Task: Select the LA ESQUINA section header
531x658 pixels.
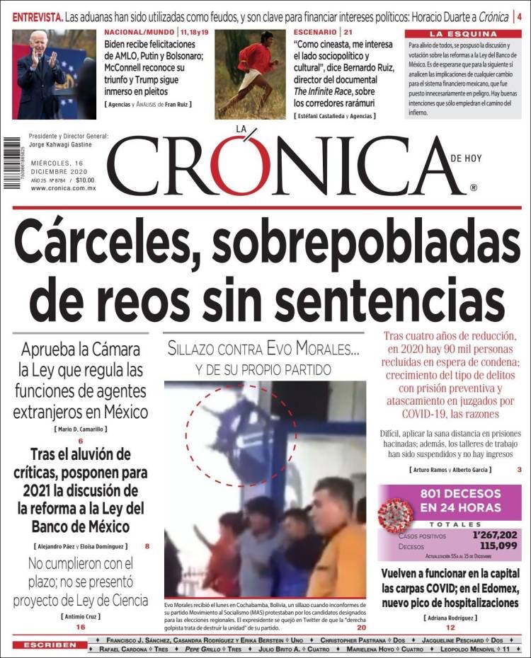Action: [x=463, y=33]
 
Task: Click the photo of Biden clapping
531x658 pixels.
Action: [x=54, y=74]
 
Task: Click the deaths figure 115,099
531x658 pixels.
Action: [x=498, y=546]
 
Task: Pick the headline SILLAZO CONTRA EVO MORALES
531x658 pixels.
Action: [x=263, y=349]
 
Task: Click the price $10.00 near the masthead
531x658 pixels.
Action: [x=85, y=180]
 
